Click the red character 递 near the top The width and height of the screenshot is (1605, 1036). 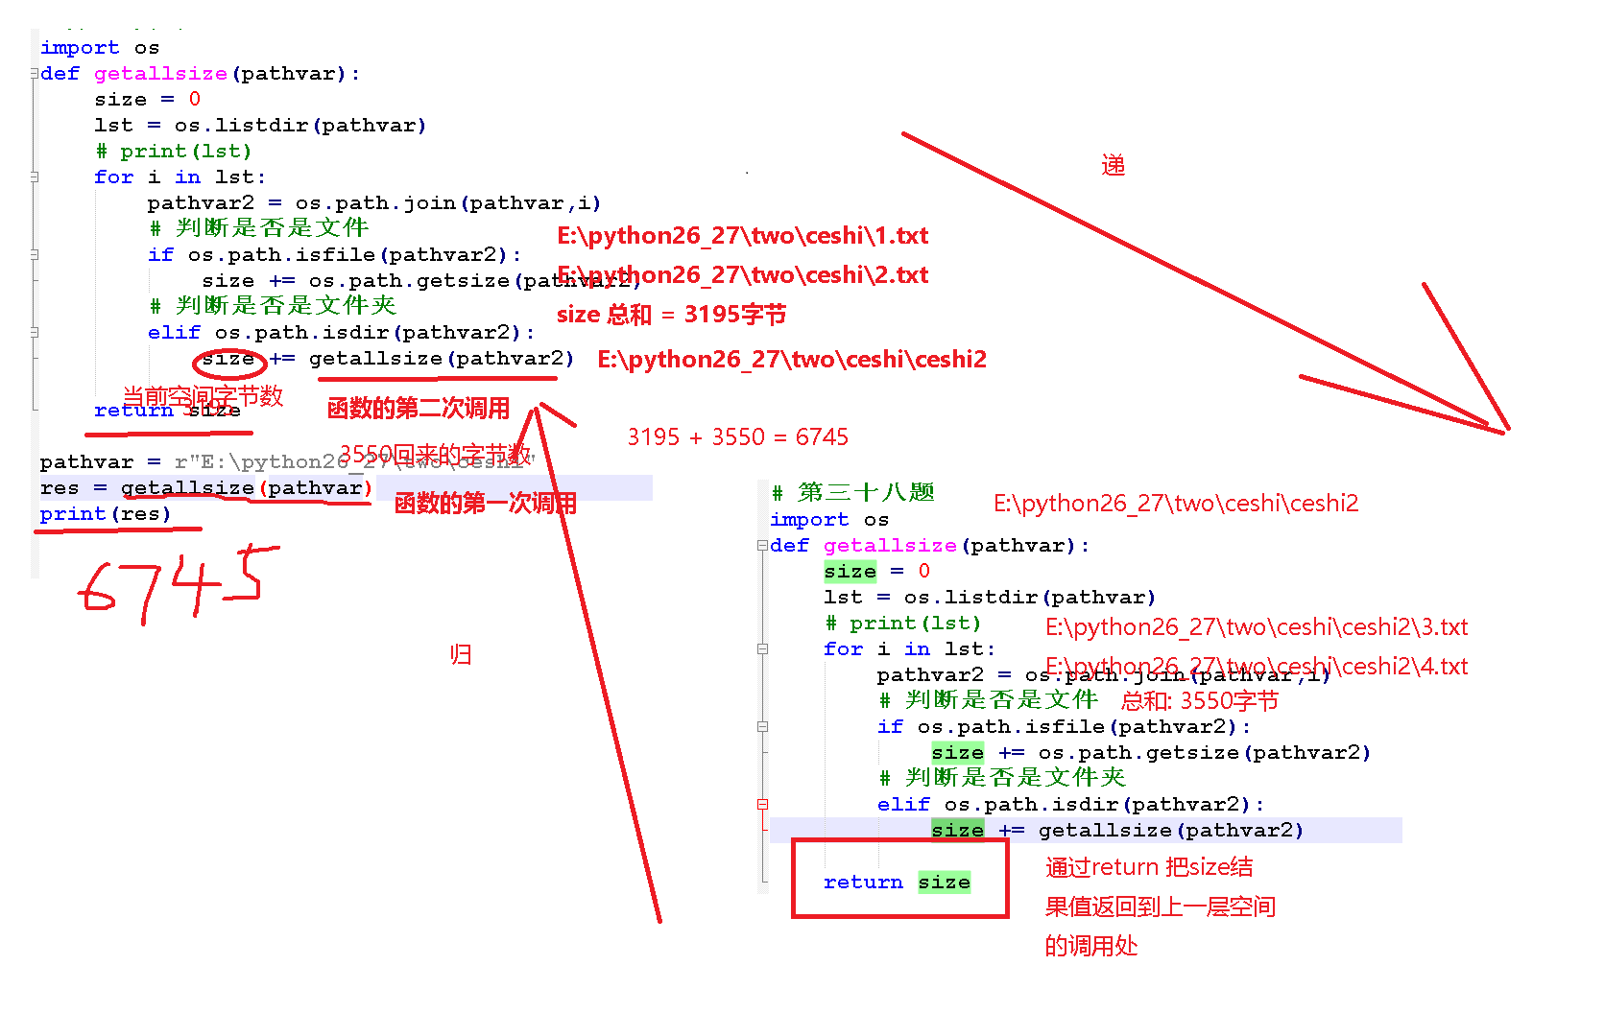[1114, 166]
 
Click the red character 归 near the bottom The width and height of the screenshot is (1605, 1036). [461, 654]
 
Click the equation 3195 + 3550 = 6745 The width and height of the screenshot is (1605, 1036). [737, 437]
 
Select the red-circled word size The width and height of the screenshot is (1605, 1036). [228, 360]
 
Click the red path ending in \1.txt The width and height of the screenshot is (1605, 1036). [742, 236]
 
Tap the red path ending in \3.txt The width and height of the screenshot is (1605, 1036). [1256, 627]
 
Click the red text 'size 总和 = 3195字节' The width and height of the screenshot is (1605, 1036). [671, 315]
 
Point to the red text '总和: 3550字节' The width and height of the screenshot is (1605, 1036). [1199, 701]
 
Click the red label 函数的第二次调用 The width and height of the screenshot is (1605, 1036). [418, 409]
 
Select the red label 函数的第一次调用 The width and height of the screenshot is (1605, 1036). [485, 504]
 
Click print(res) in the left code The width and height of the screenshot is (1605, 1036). [105, 514]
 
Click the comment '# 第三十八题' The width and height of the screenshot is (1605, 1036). [852, 493]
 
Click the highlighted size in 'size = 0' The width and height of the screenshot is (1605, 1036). [850, 572]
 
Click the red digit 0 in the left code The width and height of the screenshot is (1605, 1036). [195, 99]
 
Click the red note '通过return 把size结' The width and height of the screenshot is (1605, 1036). [1149, 867]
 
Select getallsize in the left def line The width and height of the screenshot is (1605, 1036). [160, 74]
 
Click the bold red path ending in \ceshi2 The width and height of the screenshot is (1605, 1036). [792, 360]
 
